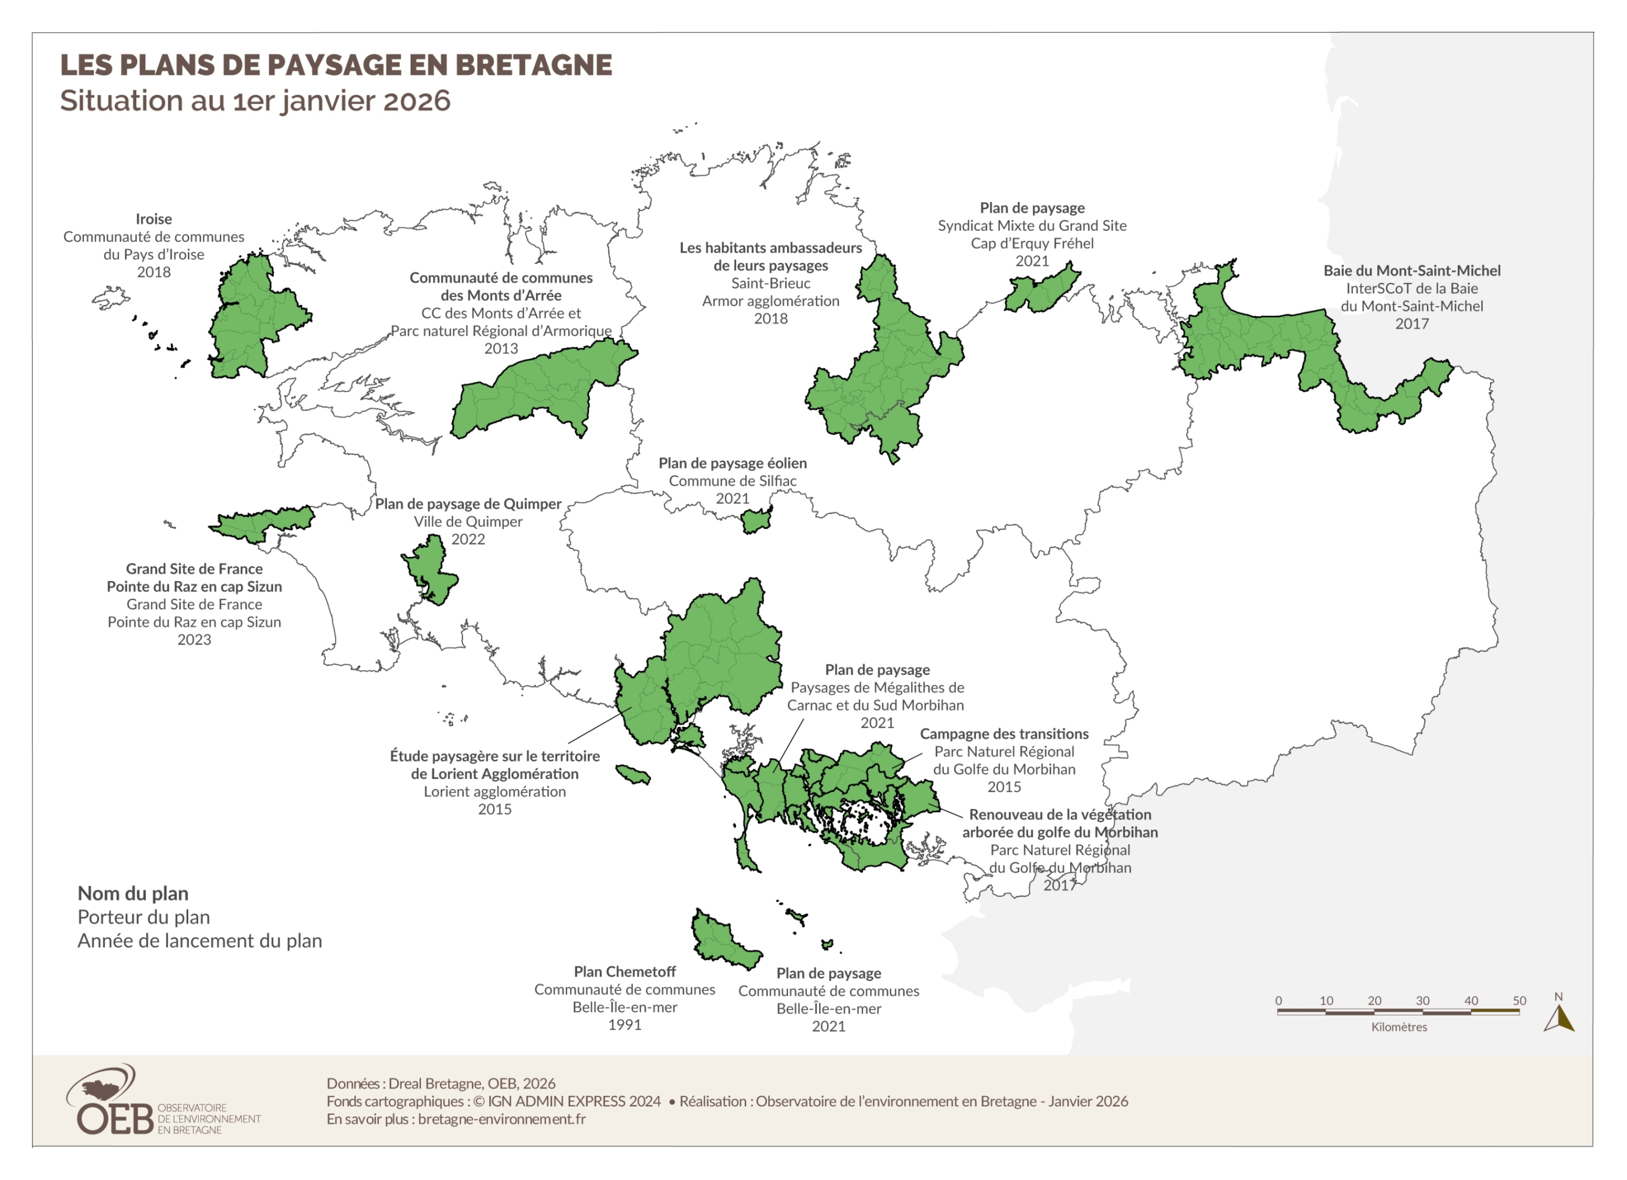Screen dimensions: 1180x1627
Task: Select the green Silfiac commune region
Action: [x=756, y=520]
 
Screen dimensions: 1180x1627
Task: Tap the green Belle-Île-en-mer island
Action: [x=721, y=940]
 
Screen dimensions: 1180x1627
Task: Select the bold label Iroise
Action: [x=153, y=219]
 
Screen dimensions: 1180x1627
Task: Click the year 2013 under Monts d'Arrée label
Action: [x=501, y=349]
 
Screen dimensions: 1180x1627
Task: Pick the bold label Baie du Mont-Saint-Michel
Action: [x=1411, y=270]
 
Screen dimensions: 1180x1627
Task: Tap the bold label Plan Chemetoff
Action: [x=624, y=971]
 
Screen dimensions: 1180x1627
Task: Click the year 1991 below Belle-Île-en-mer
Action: [x=624, y=1024]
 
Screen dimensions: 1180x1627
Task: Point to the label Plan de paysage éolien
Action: [x=732, y=464]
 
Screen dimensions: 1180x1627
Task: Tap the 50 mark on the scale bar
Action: [x=1519, y=1001]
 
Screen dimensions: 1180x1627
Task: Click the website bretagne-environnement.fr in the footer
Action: [x=502, y=1119]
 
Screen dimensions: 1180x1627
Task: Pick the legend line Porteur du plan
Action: [x=143, y=917]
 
